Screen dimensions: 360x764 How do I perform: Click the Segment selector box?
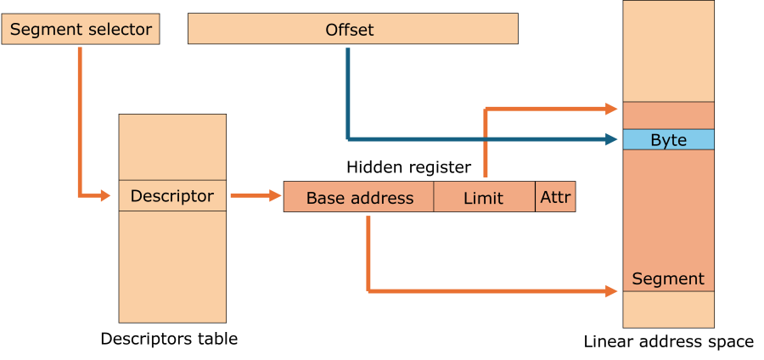[81, 30]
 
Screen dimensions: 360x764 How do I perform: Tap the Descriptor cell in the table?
[172, 196]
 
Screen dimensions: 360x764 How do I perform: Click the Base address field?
[359, 197]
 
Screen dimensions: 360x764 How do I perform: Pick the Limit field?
[484, 197]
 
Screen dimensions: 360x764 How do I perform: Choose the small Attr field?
[555, 197]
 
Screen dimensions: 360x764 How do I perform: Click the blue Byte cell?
[668, 140]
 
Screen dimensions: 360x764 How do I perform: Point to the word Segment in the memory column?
[668, 278]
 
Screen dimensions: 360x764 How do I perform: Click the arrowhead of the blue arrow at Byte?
[612, 138]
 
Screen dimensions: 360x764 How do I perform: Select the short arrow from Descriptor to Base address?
[255, 196]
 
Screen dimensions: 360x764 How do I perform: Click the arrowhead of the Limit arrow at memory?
[612, 109]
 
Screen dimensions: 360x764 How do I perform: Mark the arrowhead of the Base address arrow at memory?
[612, 291]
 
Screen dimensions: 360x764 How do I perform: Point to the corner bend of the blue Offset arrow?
[348, 138]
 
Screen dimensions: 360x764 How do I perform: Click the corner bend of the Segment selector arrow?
[80, 196]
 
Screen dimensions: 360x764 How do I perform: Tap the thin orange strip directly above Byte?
[668, 115]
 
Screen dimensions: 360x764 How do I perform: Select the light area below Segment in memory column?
[668, 309]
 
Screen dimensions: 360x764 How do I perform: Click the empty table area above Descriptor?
[172, 147]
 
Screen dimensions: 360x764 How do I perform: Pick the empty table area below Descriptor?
[172, 267]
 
